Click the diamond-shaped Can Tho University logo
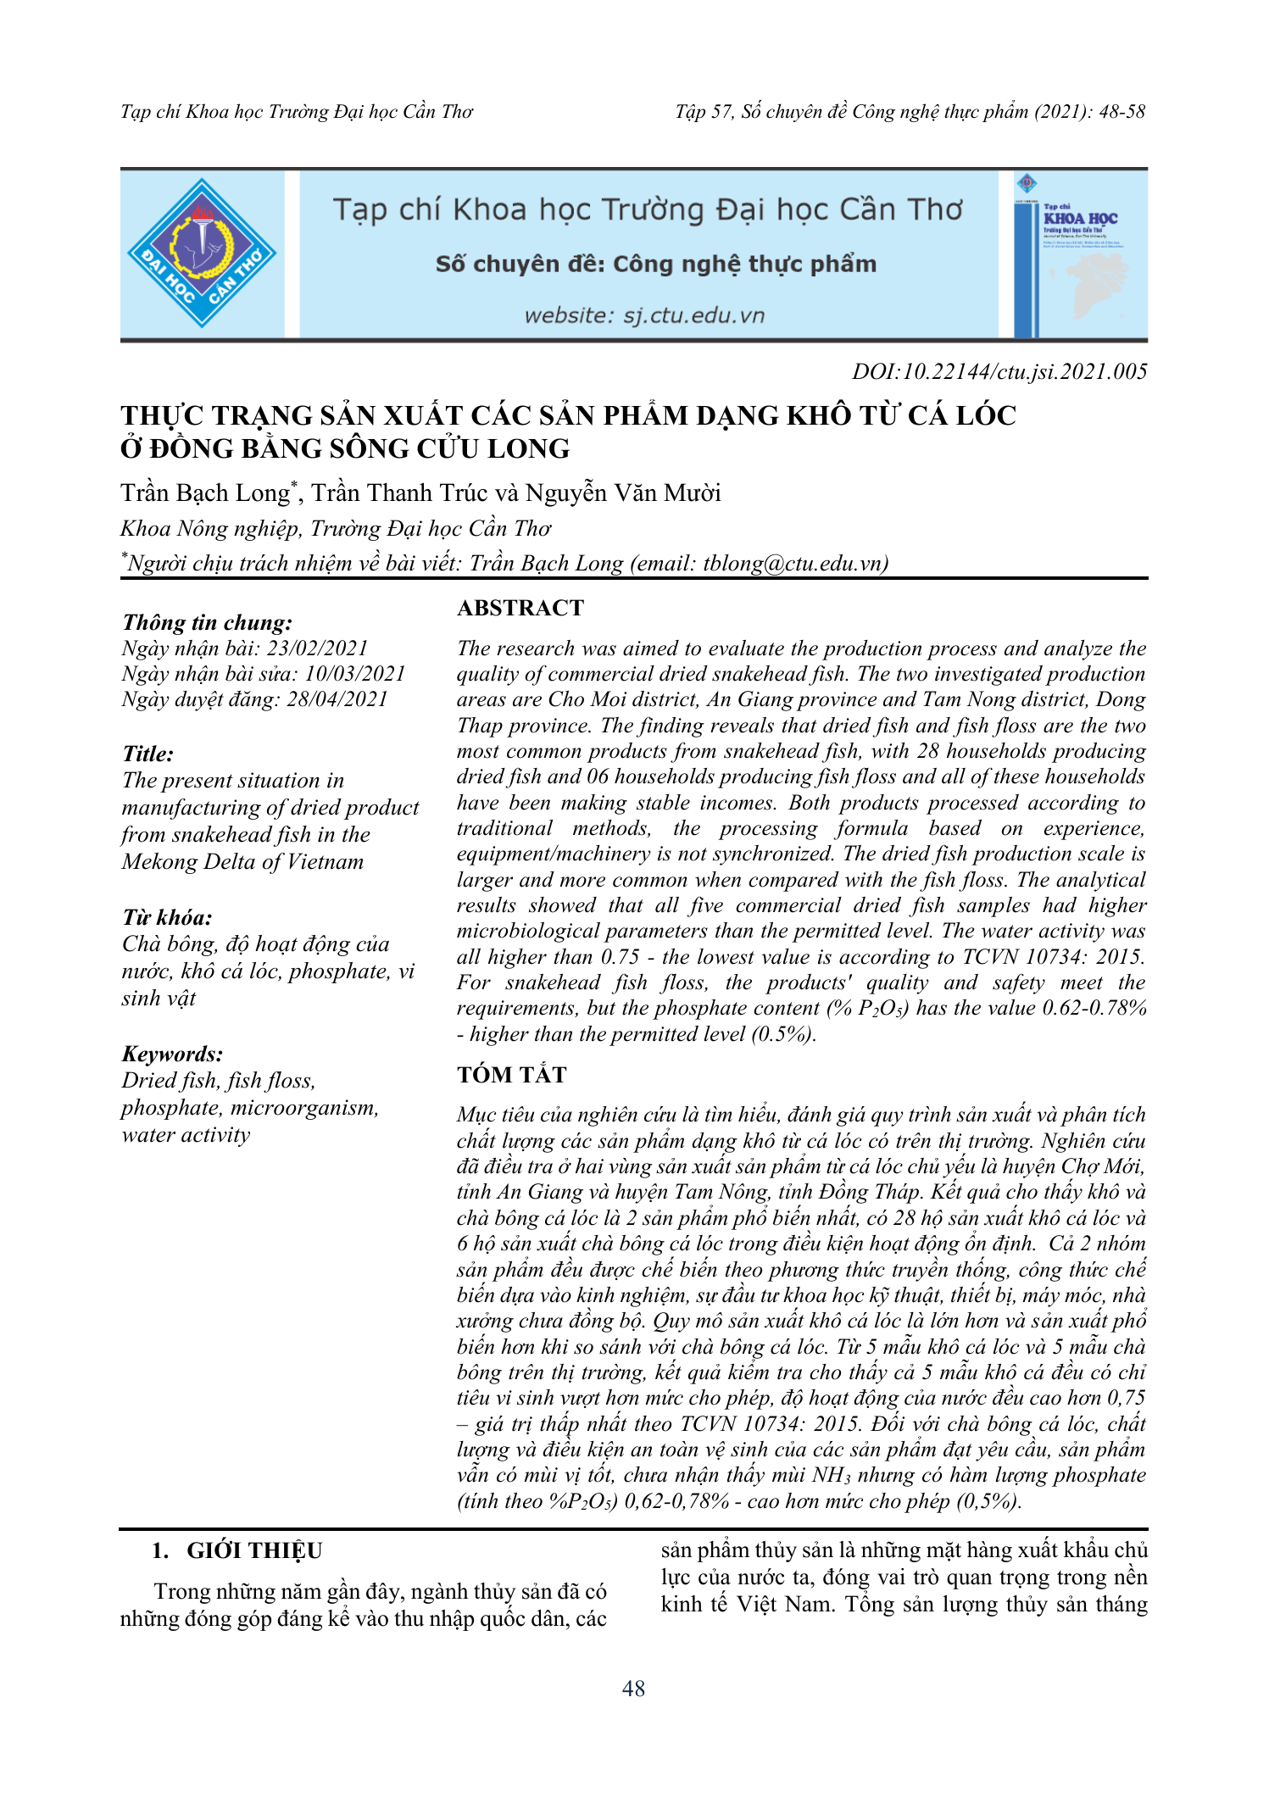click(x=202, y=253)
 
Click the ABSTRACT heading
click(x=520, y=608)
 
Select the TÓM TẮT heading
click(x=511, y=1075)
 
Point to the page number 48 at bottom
click(x=633, y=1689)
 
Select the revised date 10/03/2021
click(x=355, y=674)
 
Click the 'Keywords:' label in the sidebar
click(x=173, y=1054)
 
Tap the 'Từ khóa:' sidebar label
click(x=167, y=917)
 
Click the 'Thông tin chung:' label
click(x=208, y=622)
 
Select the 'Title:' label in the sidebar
click(x=148, y=754)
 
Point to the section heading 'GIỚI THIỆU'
click(x=254, y=1550)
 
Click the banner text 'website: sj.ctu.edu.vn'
click(x=644, y=316)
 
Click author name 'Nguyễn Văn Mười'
click(x=623, y=492)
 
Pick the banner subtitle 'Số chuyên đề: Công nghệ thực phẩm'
click(x=655, y=264)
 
